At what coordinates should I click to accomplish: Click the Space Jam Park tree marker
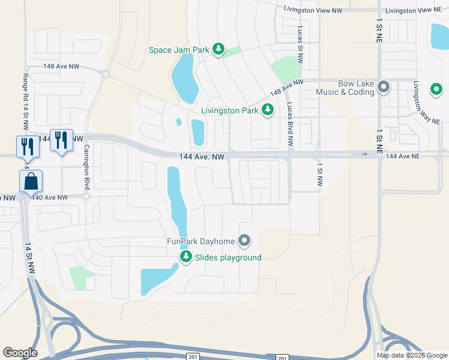tap(218, 49)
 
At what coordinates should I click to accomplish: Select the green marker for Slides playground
tap(186, 257)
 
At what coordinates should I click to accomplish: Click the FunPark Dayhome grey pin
tap(244, 241)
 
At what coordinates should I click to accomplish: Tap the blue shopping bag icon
tap(30, 181)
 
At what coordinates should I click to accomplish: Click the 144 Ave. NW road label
tap(202, 157)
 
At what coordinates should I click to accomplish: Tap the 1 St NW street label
tap(319, 174)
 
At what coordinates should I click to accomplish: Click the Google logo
tap(20, 353)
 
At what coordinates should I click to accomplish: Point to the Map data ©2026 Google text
tap(412, 355)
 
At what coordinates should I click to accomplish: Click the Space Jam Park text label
tap(179, 50)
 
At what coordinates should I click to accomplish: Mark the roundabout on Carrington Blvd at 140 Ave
tap(86, 196)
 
